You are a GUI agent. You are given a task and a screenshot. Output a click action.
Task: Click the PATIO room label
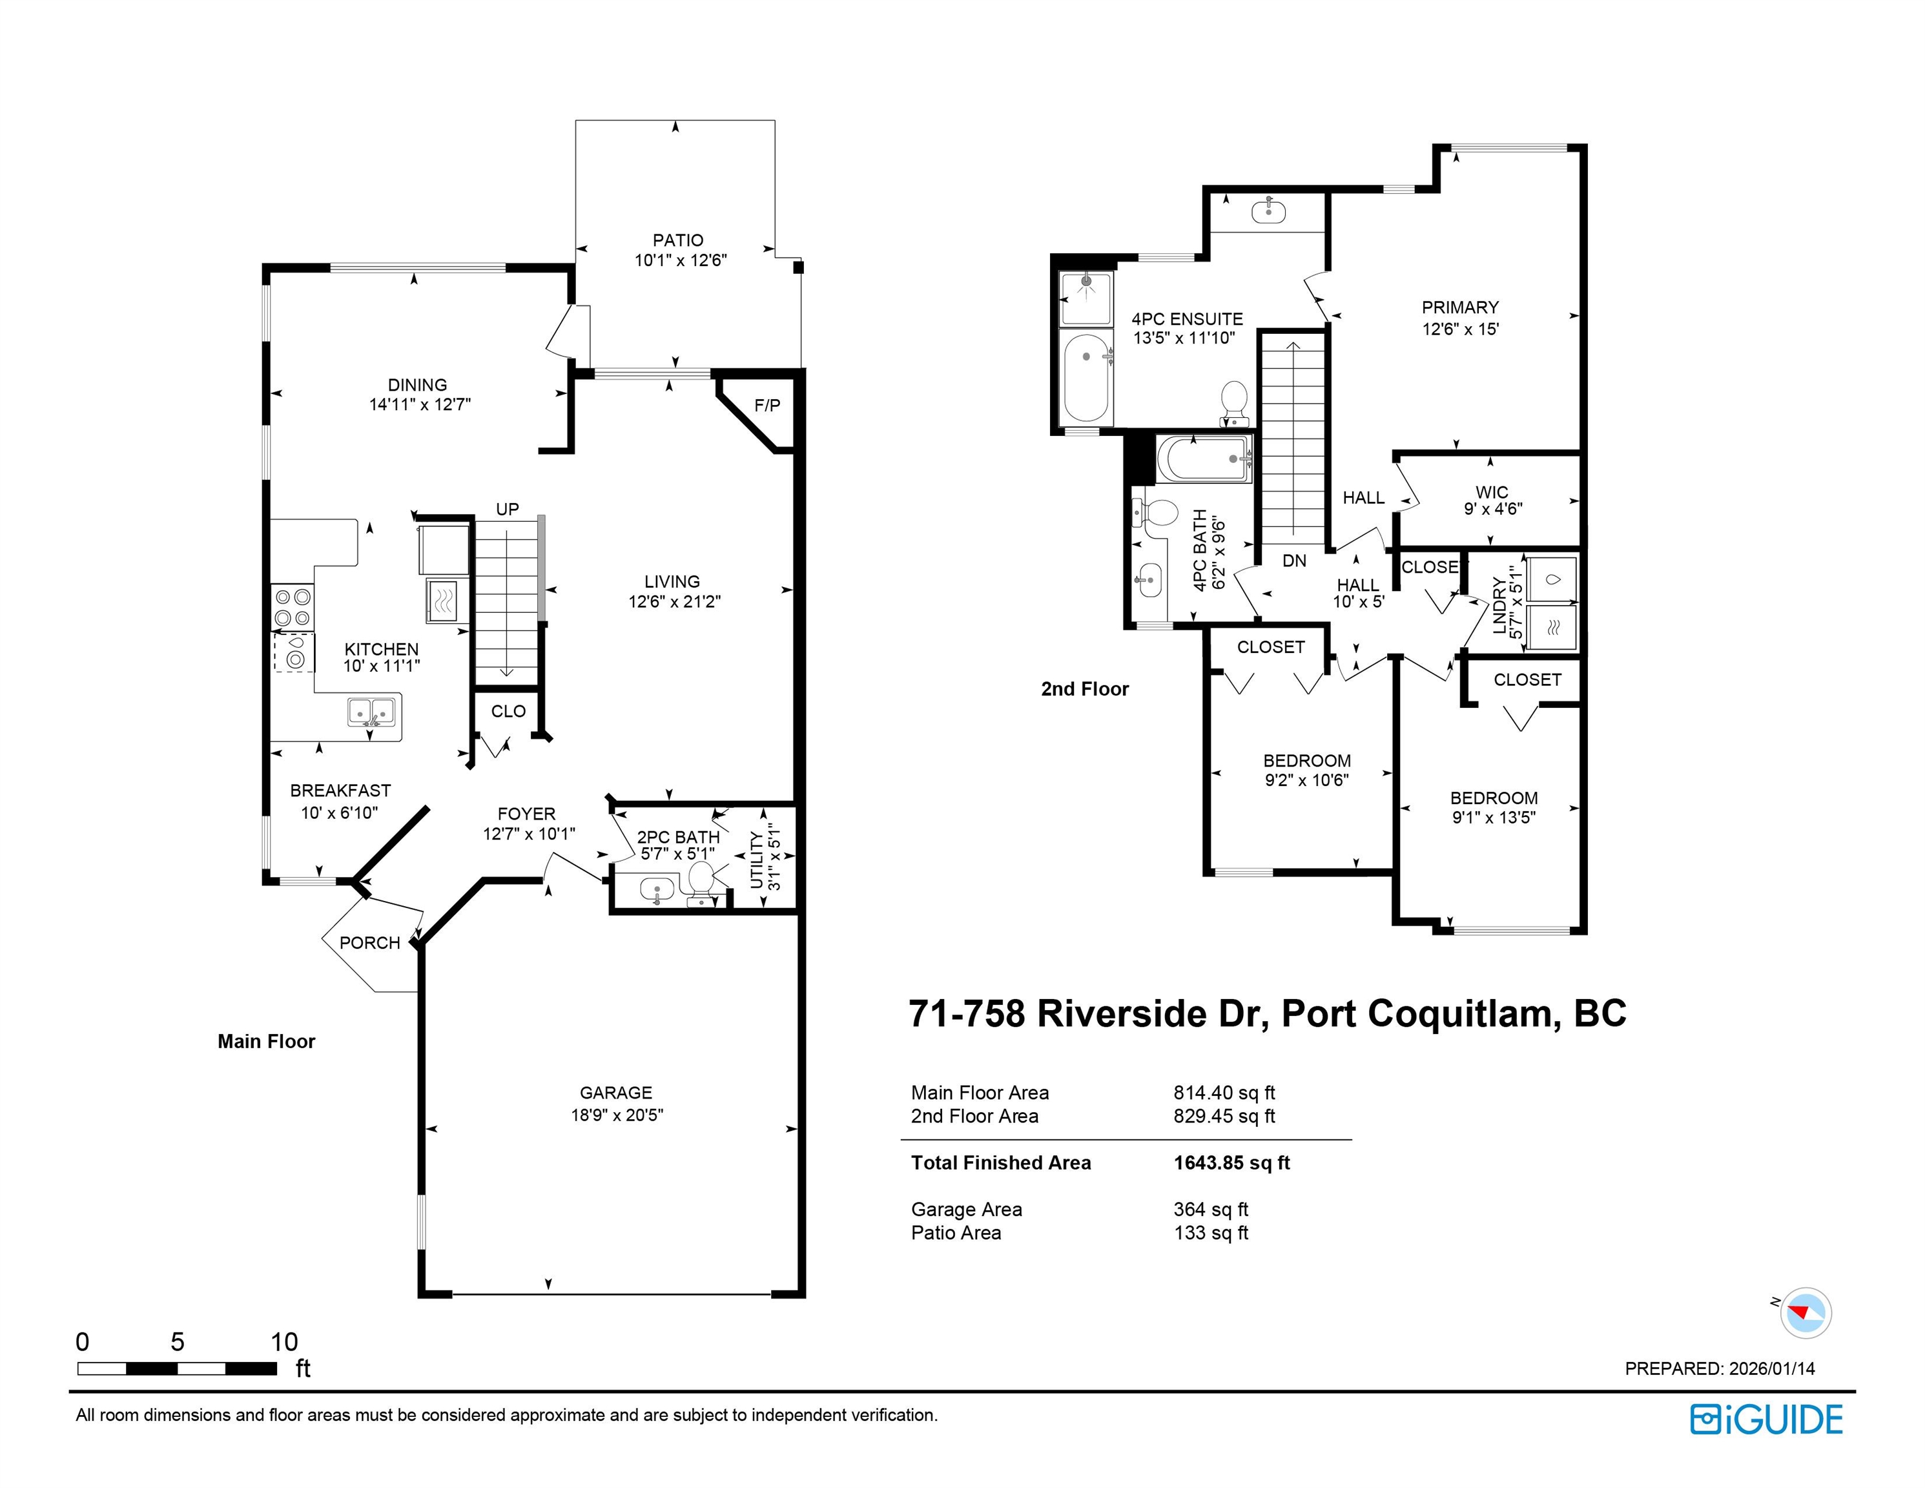coord(678,240)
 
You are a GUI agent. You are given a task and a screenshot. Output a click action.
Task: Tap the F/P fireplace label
coord(767,406)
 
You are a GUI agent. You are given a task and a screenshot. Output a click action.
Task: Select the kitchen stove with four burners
coord(293,607)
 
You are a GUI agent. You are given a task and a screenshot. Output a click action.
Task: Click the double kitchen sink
coord(371,711)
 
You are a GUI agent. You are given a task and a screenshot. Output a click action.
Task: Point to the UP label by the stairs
coord(507,510)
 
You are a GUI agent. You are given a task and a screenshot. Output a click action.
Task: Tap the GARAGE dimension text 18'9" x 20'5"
coord(616,1114)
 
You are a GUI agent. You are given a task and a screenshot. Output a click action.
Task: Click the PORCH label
coord(369,942)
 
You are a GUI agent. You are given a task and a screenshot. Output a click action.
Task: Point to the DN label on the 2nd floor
coord(1294,561)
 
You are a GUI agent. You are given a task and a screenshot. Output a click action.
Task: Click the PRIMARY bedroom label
coord(1459,307)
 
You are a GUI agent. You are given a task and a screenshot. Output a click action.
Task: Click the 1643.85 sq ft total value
coord(1231,1162)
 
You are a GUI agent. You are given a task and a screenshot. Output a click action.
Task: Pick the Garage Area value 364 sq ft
coord(1211,1210)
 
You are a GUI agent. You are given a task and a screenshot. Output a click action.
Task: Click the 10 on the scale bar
coord(284,1341)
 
